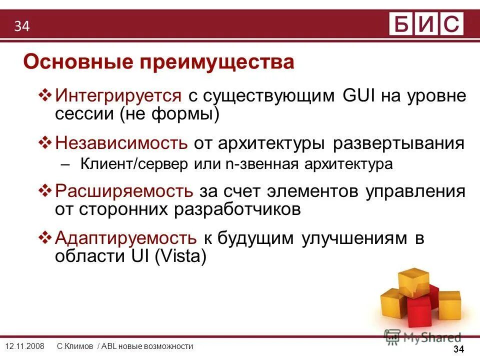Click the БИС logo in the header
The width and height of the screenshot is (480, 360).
[426, 23]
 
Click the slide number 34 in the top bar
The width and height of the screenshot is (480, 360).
[22, 26]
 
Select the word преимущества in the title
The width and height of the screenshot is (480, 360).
[217, 63]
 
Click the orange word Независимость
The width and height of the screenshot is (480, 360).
[121, 143]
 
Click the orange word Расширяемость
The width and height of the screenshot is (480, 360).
[124, 191]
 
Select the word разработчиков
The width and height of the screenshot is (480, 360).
[237, 209]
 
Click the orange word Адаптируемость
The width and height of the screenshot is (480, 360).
[125, 238]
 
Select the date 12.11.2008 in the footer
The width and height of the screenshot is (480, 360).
[24, 346]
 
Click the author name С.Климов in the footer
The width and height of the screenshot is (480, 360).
[75, 346]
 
